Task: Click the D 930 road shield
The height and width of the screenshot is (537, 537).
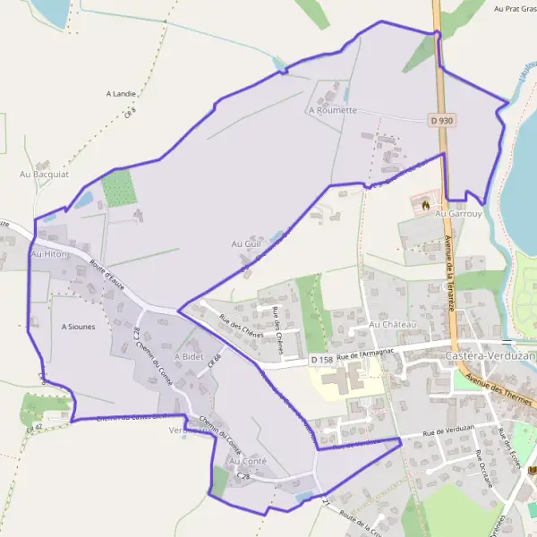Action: [439, 119]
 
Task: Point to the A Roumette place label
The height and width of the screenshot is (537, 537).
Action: [332, 111]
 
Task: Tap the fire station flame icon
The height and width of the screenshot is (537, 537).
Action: [426, 205]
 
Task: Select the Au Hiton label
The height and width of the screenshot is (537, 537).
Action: [49, 255]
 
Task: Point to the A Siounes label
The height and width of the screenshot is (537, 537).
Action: [78, 327]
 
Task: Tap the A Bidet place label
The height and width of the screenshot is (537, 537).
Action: [189, 355]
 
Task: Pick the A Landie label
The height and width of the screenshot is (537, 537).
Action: [120, 93]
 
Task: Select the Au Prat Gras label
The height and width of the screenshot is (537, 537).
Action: [514, 9]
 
